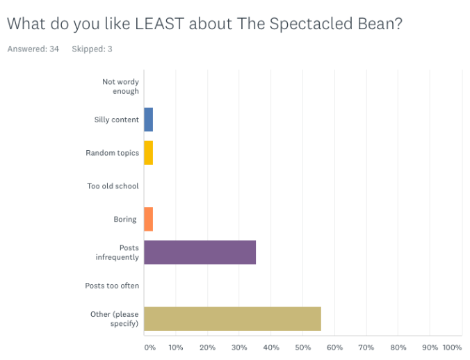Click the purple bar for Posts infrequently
click(200, 252)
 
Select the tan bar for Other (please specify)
click(232, 319)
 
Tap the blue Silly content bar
click(148, 120)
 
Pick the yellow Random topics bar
click(148, 153)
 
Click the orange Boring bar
click(148, 220)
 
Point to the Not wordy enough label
click(120, 86)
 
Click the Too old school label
click(113, 186)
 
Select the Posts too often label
click(112, 286)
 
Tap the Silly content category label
click(116, 120)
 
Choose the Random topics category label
click(112, 153)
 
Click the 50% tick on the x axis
click(302, 347)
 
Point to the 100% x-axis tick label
click(451, 347)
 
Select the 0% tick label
click(149, 347)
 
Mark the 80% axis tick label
click(398, 347)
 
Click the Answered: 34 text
click(33, 49)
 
